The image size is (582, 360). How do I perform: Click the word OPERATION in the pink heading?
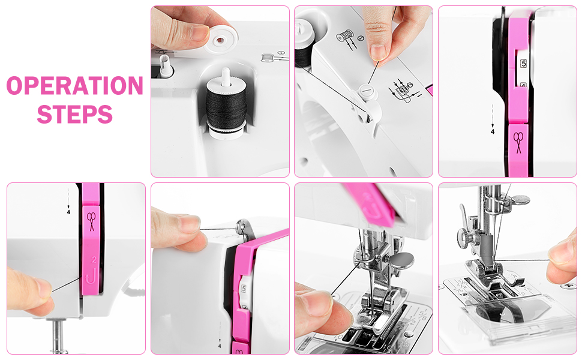click(74, 85)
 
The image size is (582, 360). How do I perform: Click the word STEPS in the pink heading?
click(74, 113)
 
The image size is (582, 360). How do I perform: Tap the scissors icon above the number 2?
click(91, 220)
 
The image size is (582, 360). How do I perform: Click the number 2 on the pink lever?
click(94, 260)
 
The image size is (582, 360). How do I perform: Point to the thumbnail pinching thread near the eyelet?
click(190, 226)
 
